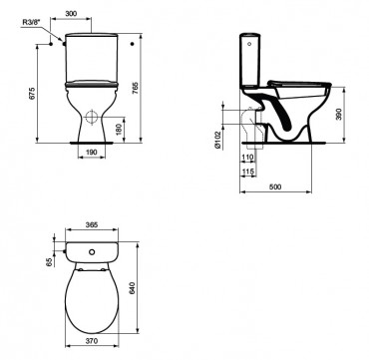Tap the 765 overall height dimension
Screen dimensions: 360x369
[x=150, y=88]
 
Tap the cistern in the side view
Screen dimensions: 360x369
[x=249, y=60]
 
